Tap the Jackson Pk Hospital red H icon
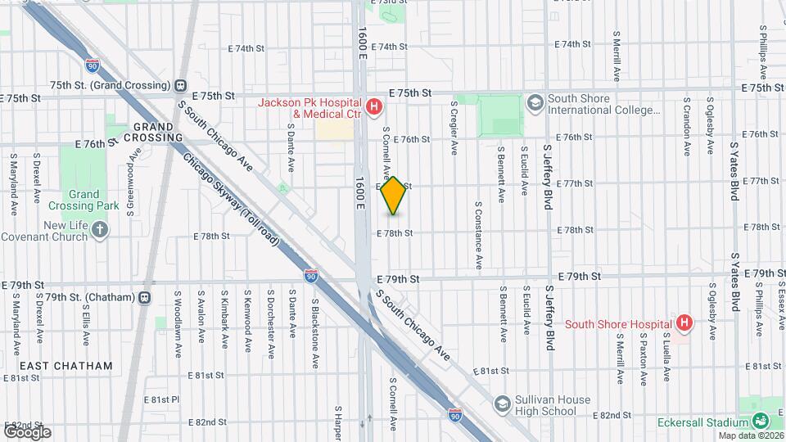click(374, 106)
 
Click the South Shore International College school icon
click(535, 103)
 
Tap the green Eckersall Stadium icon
click(761, 422)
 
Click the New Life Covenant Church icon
click(100, 230)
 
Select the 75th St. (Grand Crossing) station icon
click(180, 85)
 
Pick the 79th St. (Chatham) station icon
click(145, 297)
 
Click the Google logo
click(27, 431)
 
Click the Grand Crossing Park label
click(84, 201)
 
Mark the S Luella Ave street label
click(667, 357)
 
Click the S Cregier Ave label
click(454, 129)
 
